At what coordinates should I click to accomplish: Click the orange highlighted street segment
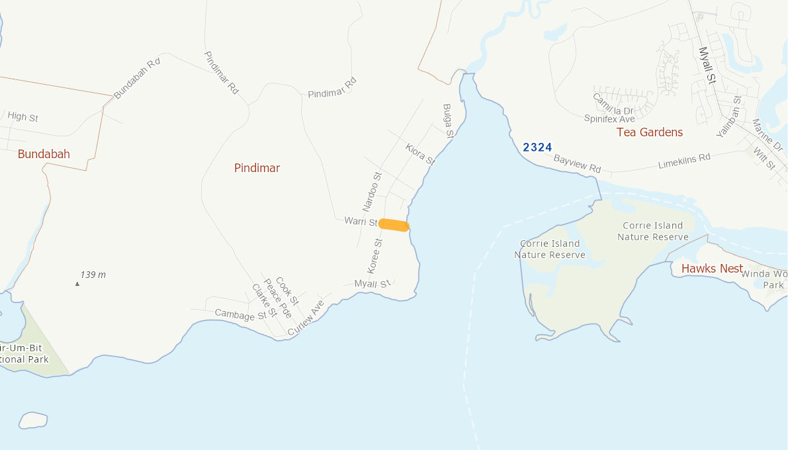pos(394,226)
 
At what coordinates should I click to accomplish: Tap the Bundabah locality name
pos(44,154)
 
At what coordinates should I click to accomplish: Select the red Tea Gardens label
pos(649,132)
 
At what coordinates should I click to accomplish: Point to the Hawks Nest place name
pos(712,269)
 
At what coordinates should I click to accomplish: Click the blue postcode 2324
pos(537,147)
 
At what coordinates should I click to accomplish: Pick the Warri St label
pos(361,222)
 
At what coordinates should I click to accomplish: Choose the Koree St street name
pos(374,256)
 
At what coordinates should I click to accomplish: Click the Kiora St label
pos(419,154)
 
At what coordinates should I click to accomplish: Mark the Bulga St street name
pos(449,120)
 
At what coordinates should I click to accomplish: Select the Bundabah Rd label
pos(137,78)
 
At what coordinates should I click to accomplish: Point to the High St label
pos(22,117)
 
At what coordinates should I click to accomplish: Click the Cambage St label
pos(239,315)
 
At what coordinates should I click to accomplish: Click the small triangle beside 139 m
pos(77,284)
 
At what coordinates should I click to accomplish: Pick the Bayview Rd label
pos(577,163)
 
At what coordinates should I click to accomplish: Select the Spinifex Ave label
pos(609,119)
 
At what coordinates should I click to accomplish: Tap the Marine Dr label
pos(767,135)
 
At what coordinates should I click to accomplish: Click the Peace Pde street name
pos(277,298)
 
